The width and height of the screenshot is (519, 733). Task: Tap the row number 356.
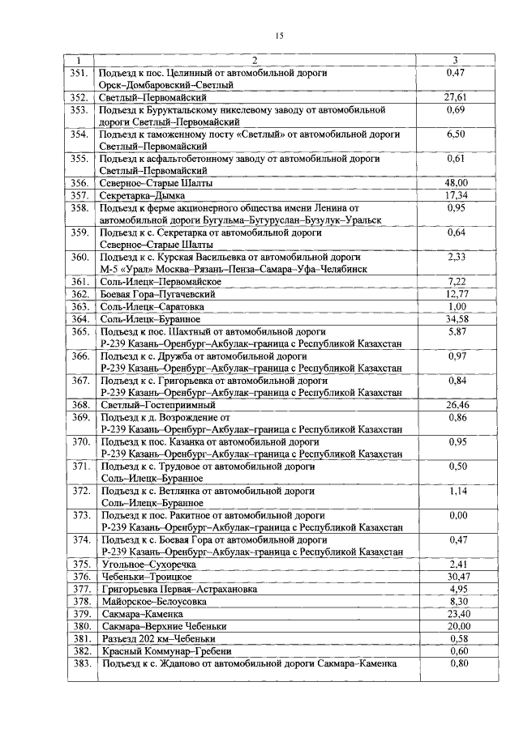[x=79, y=183]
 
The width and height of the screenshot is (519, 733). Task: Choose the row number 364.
[x=79, y=319]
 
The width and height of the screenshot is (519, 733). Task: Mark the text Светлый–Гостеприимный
[x=157, y=404]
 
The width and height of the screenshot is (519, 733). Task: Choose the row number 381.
[x=79, y=638]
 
